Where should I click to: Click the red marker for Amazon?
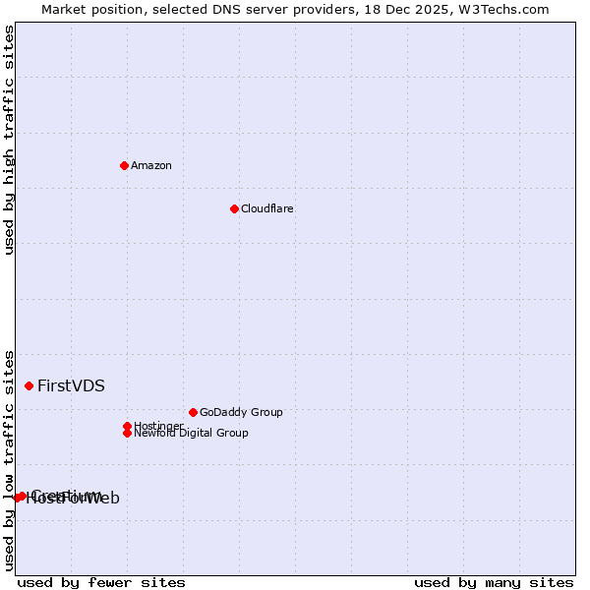[x=124, y=165]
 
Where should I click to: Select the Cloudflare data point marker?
[x=234, y=208]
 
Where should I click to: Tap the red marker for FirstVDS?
[x=29, y=385]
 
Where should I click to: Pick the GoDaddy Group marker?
[x=193, y=412]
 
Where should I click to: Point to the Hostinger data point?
[x=127, y=426]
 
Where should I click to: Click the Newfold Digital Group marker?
[x=127, y=433]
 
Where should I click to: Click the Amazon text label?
[x=151, y=165]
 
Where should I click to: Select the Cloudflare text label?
[x=267, y=208]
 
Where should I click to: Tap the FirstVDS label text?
[x=71, y=385]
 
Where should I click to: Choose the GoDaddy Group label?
[x=241, y=412]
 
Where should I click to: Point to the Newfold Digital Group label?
[x=192, y=434]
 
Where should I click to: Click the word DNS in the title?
[x=234, y=9]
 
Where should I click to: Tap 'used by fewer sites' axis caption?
[x=101, y=582]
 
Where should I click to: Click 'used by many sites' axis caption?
[x=494, y=582]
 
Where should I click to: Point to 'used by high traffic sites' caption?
[x=9, y=140]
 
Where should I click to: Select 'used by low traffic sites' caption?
[x=9, y=459]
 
